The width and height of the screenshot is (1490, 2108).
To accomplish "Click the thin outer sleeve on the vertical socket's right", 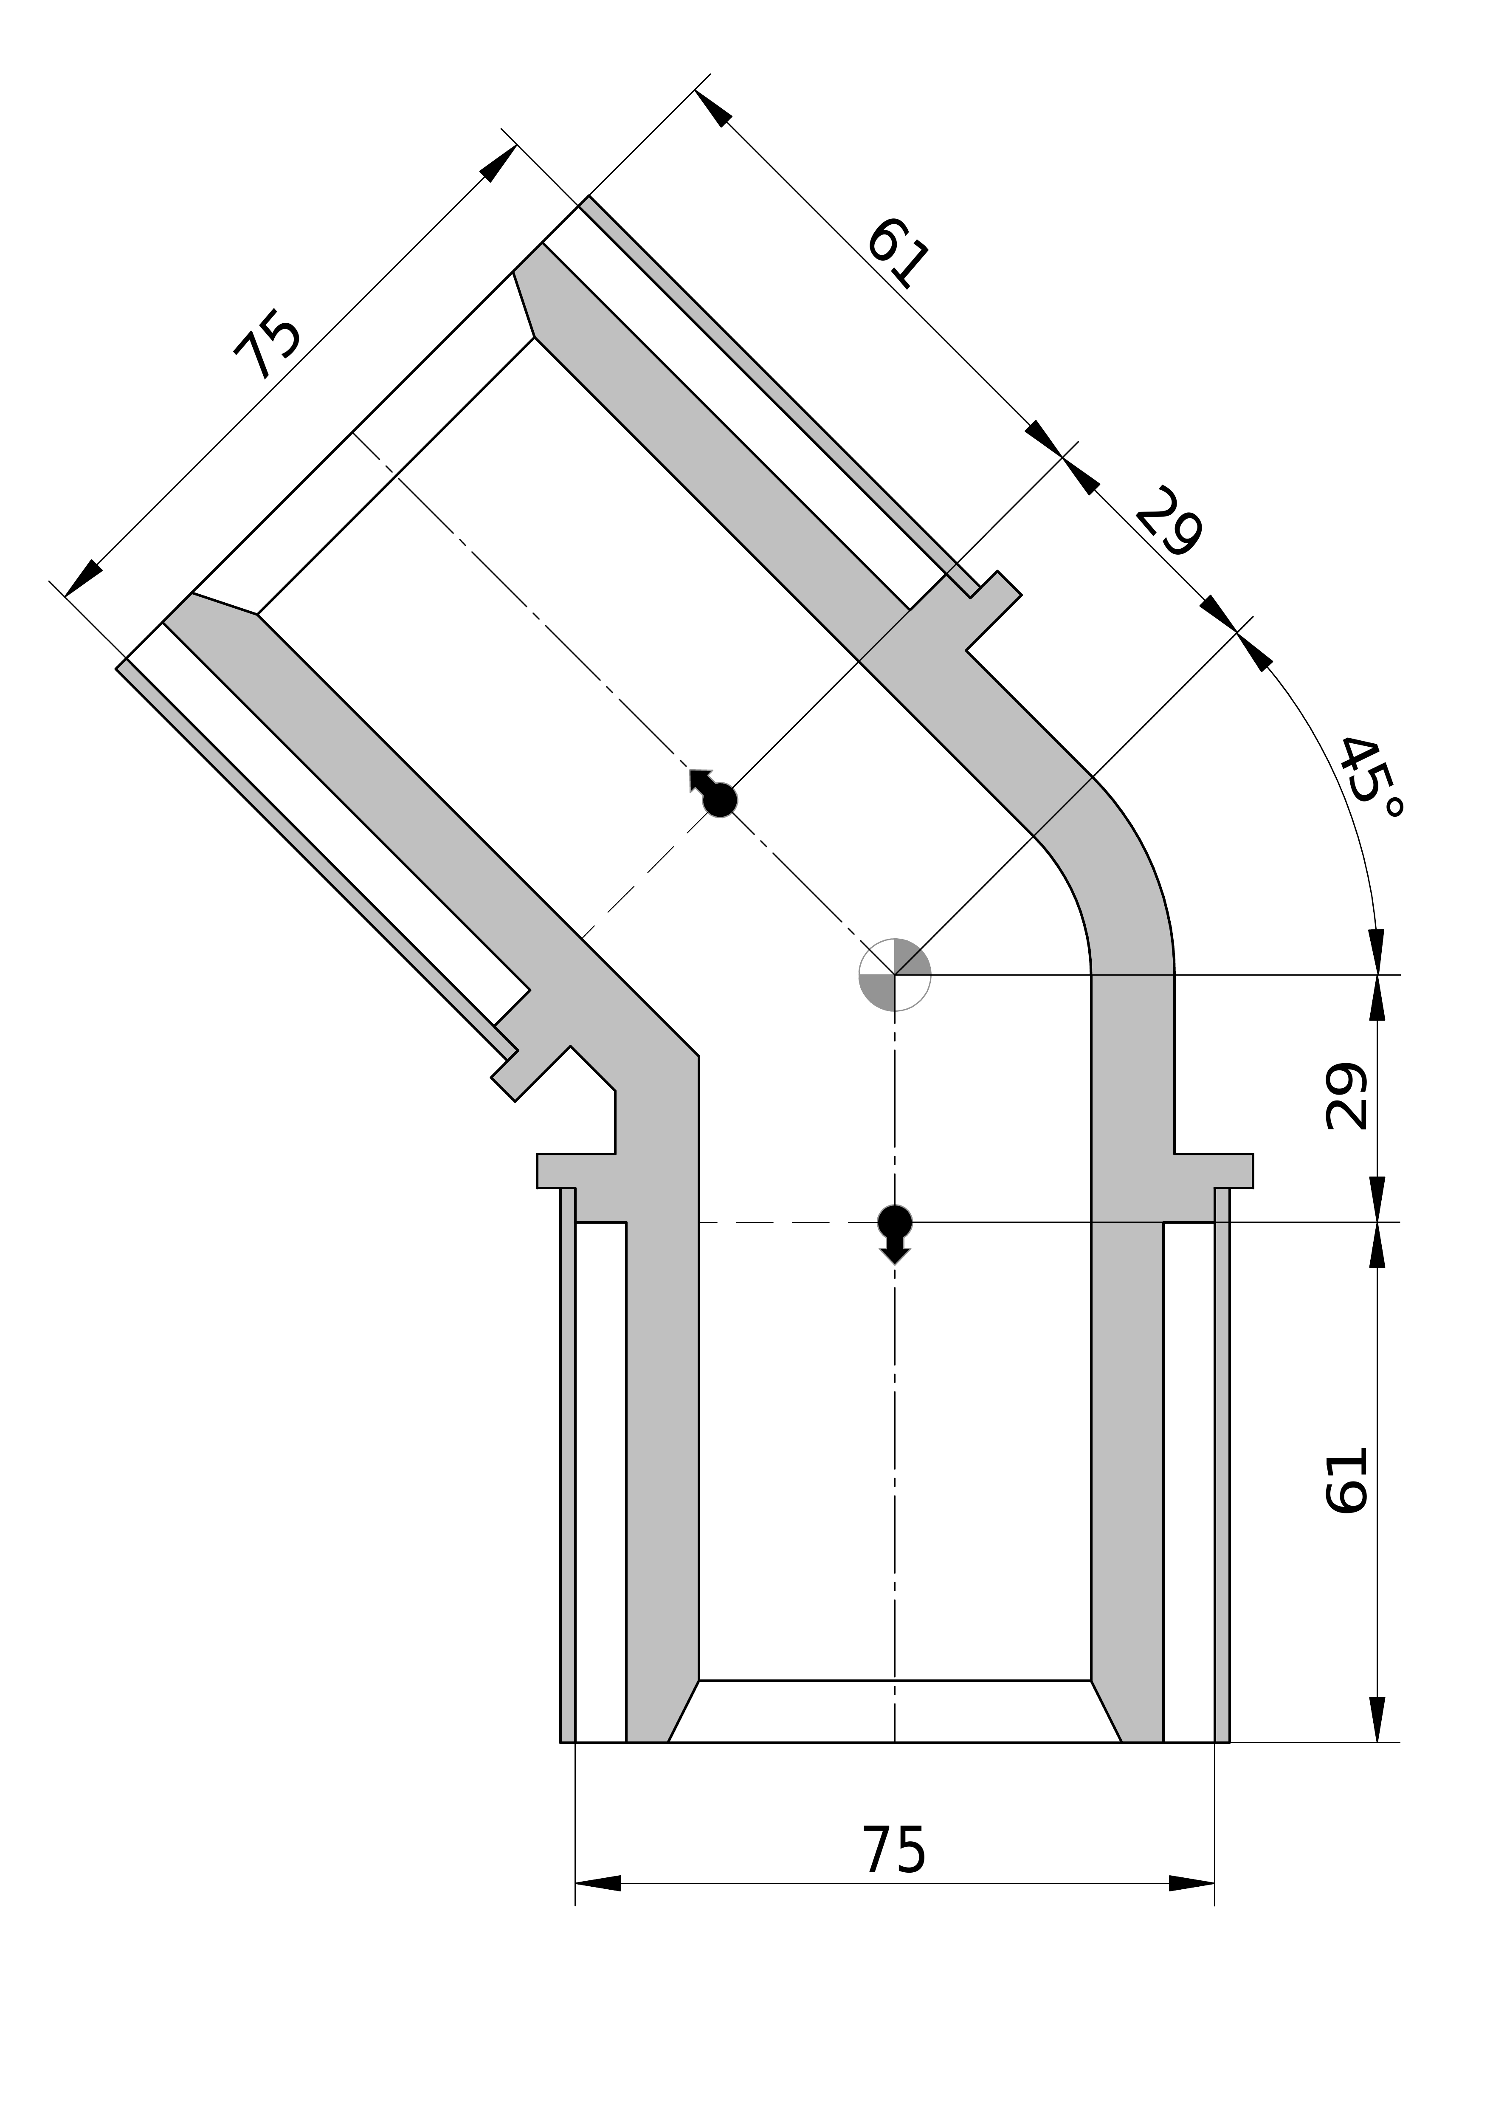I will coord(1222,1469).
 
